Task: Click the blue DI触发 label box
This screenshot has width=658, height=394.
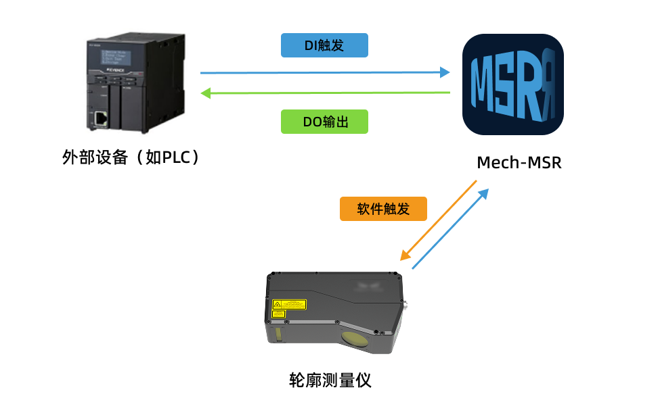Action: tap(324, 45)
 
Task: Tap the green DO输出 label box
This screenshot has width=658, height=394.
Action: tap(324, 122)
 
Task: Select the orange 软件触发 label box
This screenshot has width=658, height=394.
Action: tap(383, 209)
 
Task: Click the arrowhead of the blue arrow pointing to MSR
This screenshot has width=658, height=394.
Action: tap(445, 72)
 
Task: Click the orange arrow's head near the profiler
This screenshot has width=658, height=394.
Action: tap(404, 256)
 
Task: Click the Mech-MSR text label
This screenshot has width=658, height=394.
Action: tap(519, 163)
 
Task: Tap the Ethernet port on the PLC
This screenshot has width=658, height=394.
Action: tap(101, 119)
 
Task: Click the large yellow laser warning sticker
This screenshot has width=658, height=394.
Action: tap(289, 304)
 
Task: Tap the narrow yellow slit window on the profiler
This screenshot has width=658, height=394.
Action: tap(278, 335)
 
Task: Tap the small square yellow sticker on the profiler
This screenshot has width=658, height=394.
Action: tap(278, 314)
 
